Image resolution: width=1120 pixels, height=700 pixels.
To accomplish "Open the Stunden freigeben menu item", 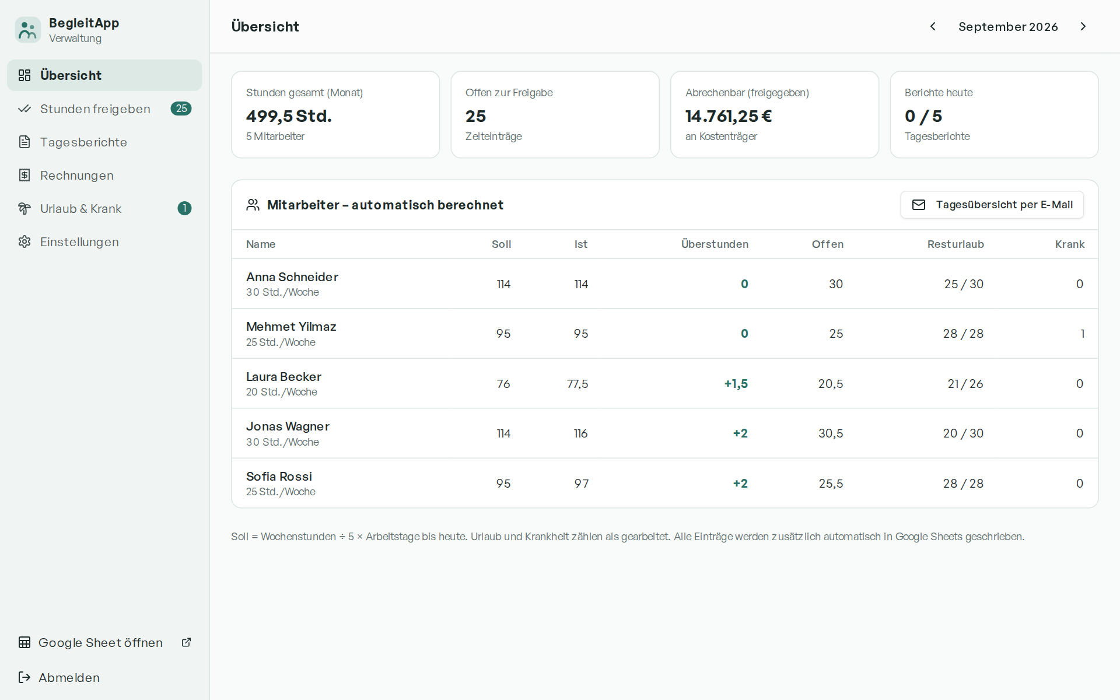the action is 104,108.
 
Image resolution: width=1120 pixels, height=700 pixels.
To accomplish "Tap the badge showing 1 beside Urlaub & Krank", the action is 184,208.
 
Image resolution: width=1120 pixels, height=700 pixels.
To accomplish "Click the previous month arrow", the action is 933,26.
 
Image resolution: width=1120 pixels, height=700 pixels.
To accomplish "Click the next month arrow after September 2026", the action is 1083,26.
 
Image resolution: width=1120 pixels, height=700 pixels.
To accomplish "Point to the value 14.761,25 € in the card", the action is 729,116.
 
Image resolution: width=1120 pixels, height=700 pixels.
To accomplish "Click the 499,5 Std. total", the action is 289,116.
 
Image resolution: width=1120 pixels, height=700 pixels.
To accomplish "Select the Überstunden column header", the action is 715,244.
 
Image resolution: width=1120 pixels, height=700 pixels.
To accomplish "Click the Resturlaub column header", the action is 956,244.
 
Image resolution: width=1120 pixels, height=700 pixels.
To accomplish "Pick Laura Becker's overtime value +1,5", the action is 736,384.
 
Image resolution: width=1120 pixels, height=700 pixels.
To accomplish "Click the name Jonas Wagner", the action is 288,426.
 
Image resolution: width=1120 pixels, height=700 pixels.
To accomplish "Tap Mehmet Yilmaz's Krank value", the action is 1083,334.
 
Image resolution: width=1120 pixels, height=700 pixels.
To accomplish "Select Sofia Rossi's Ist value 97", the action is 582,484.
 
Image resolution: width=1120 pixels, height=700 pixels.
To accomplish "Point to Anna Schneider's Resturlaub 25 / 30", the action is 964,284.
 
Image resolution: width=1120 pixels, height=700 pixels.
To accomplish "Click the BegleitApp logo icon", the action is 27,30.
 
